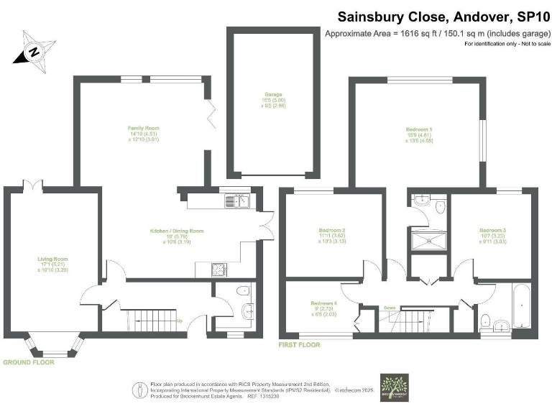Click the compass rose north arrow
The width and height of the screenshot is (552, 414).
tap(32, 51)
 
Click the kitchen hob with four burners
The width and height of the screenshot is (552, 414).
tap(218, 270)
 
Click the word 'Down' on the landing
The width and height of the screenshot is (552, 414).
tap(389, 306)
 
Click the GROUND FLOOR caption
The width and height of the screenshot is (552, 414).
tap(28, 362)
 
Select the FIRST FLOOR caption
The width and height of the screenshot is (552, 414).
tap(299, 345)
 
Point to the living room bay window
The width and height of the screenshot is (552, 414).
tap(54, 349)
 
